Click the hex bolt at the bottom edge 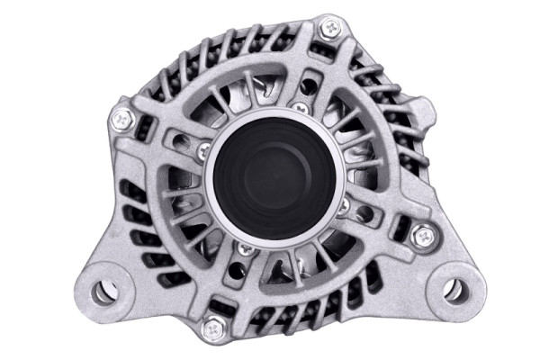(x=212, y=326)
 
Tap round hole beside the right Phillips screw (x=363, y=216)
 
